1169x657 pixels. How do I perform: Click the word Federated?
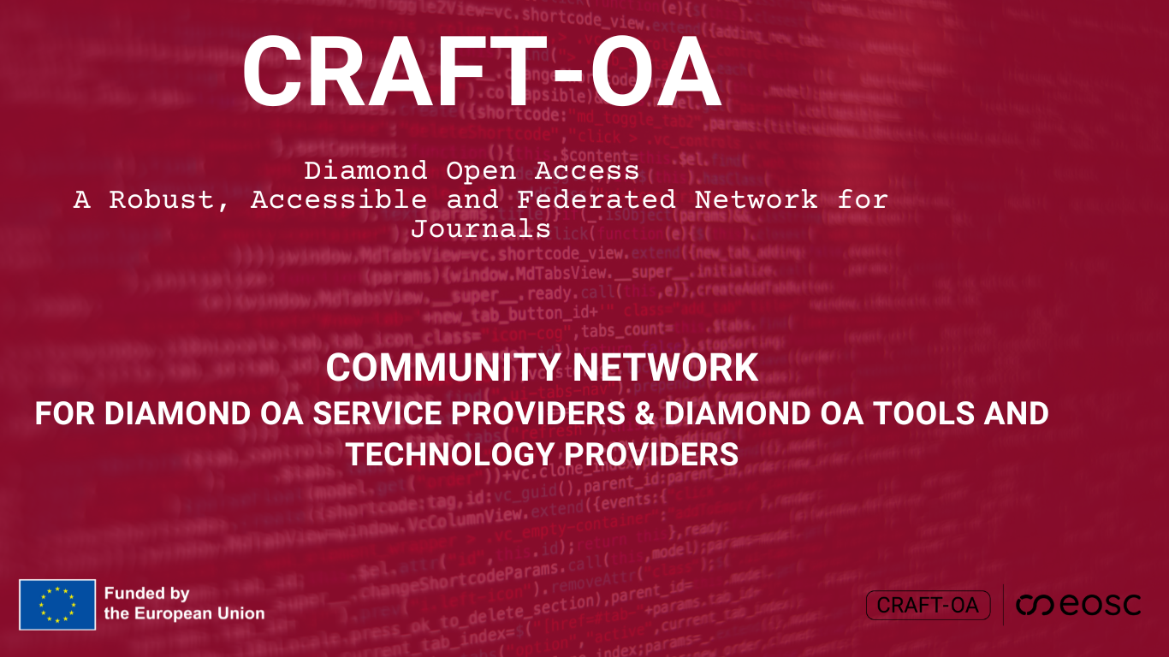point(596,200)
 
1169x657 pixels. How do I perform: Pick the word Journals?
point(480,229)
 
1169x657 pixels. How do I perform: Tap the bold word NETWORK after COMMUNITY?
point(666,368)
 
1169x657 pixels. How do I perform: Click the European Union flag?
point(57,605)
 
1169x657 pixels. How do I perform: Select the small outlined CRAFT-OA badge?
point(928,606)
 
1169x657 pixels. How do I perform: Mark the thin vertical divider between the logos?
point(1003,606)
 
